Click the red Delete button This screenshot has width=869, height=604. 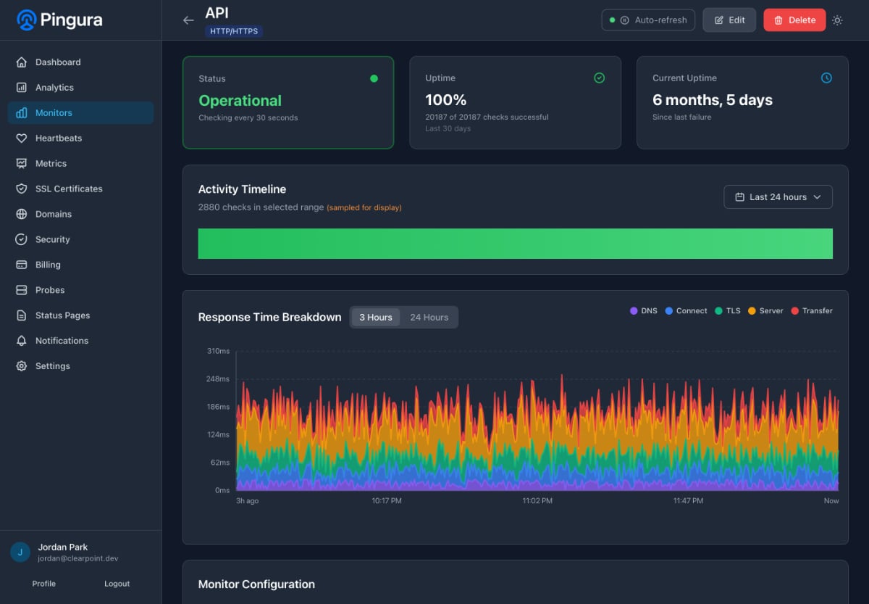click(x=794, y=20)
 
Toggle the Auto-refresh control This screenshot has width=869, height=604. click(x=648, y=20)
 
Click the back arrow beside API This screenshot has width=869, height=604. click(x=188, y=20)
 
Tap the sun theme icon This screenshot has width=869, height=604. click(x=837, y=20)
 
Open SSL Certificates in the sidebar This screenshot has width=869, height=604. click(x=69, y=189)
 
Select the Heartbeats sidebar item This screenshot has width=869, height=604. click(x=59, y=138)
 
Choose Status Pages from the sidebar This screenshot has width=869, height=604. click(x=62, y=315)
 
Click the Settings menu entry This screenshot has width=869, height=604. click(x=53, y=366)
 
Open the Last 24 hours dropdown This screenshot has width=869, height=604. click(x=778, y=197)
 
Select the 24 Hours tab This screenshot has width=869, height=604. click(x=429, y=318)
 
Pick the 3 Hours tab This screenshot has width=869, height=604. click(x=376, y=318)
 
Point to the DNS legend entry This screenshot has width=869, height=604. click(x=643, y=311)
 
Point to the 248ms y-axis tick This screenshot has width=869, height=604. click(x=218, y=379)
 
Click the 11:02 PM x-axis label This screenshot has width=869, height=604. click(x=537, y=501)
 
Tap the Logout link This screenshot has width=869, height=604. click(x=117, y=584)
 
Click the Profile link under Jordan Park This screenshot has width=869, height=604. click(x=44, y=584)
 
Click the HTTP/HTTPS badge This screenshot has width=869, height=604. click(x=234, y=31)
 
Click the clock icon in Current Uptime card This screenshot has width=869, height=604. click(x=826, y=78)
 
